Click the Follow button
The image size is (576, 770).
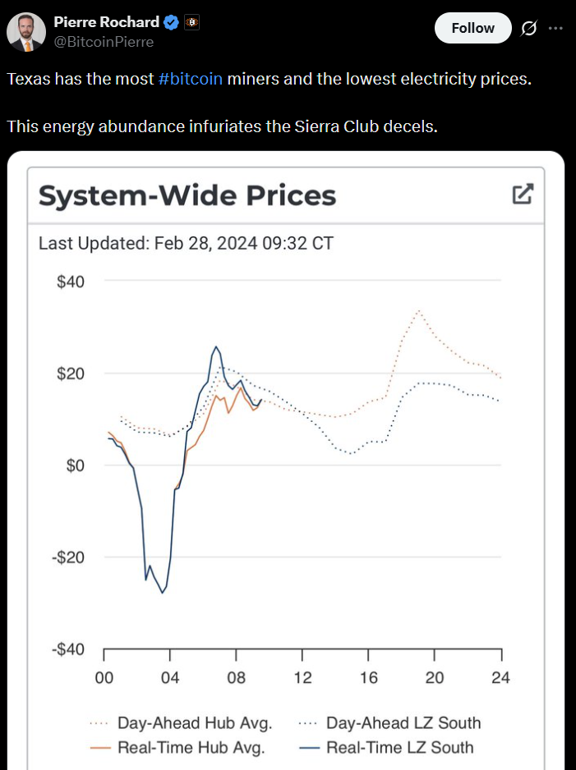click(x=472, y=28)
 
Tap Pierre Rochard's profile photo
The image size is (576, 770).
click(x=26, y=32)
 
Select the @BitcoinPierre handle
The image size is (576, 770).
click(x=104, y=42)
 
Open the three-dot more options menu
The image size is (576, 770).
click(x=555, y=28)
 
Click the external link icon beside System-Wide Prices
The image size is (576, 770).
click(x=523, y=195)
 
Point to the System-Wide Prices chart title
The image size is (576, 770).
click(x=187, y=196)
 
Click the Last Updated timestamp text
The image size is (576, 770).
click(x=186, y=243)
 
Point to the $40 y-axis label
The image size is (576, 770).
click(x=71, y=282)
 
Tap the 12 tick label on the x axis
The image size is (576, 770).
click(x=302, y=677)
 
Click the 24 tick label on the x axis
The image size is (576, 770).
click(x=500, y=677)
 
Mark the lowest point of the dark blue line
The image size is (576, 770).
click(x=163, y=593)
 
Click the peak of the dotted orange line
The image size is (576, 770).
click(x=419, y=310)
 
